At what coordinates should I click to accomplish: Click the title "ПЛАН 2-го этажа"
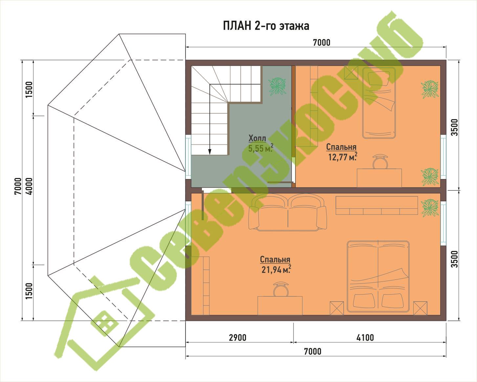[266, 26]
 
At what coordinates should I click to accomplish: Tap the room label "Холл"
[257, 138]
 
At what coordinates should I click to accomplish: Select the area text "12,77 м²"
[343, 157]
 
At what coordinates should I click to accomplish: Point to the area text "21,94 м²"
[276, 269]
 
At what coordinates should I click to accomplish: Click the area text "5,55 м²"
[261, 148]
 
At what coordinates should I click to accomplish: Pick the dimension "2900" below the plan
[237, 338]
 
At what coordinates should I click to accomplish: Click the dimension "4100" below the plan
[365, 338]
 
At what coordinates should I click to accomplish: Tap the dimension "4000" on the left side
[29, 186]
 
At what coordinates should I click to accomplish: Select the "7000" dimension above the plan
[322, 42]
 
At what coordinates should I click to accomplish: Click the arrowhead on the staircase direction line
[210, 152]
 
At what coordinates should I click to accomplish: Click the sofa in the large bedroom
[288, 212]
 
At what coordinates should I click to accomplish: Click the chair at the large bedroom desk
[281, 289]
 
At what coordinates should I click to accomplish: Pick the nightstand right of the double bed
[420, 308]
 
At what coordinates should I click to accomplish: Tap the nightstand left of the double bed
[337, 308]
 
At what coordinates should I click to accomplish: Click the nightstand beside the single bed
[351, 72]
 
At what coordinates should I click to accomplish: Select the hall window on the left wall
[188, 157]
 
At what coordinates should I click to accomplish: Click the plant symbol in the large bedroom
[430, 208]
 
